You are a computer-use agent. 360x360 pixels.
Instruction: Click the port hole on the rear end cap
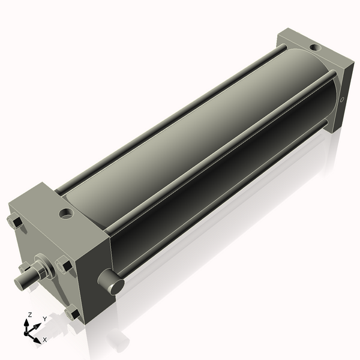pyautogui.click(x=315, y=47)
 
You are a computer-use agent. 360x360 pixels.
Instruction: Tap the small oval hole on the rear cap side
pyautogui.click(x=342, y=100)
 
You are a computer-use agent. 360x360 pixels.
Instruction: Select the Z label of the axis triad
pyautogui.click(x=30, y=315)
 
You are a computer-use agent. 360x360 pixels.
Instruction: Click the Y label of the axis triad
pyautogui.click(x=45, y=319)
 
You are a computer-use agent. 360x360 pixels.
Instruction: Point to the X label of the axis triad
pyautogui.click(x=45, y=340)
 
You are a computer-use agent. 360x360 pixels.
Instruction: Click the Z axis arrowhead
pyautogui.click(x=27, y=323)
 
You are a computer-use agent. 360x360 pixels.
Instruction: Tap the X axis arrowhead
pyautogui.click(x=37, y=340)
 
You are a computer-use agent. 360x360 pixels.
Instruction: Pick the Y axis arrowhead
pyautogui.click(x=38, y=326)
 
